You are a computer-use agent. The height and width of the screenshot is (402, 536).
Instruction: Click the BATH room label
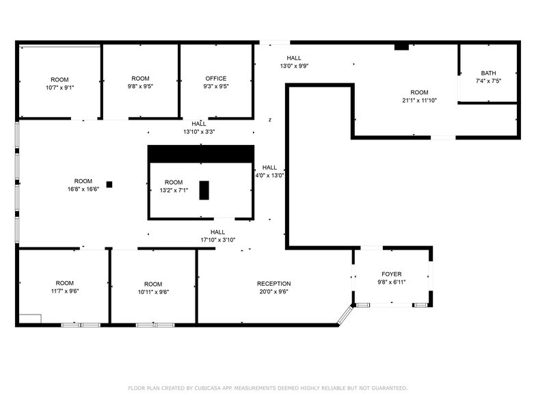pos(488,73)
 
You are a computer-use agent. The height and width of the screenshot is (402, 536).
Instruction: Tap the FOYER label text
pos(391,274)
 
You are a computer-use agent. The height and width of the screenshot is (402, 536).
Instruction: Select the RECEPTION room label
pos(273,284)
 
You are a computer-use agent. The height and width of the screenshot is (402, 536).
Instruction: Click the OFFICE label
pos(215,79)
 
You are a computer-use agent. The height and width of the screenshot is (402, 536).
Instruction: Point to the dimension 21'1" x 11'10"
pos(419,100)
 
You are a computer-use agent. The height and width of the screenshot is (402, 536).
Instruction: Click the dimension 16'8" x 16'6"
pos(83,189)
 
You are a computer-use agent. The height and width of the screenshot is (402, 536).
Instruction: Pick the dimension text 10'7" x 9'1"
pos(59,88)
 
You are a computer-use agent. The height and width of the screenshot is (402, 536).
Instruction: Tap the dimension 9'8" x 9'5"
pos(140,87)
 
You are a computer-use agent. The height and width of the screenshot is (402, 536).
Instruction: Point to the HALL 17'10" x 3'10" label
pos(217,236)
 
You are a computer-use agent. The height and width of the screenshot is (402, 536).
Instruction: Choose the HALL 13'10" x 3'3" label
pos(199,127)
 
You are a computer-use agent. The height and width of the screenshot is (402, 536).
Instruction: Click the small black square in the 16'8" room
pos(109,184)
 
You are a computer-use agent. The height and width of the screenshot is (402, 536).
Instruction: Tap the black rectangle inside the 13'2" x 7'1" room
pos(204,190)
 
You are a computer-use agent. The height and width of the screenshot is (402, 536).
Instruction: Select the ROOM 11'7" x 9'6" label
pos(64,287)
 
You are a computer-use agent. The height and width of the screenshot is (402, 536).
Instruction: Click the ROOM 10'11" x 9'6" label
pos(153,288)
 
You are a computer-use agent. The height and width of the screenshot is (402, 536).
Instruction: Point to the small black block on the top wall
pos(401,46)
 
